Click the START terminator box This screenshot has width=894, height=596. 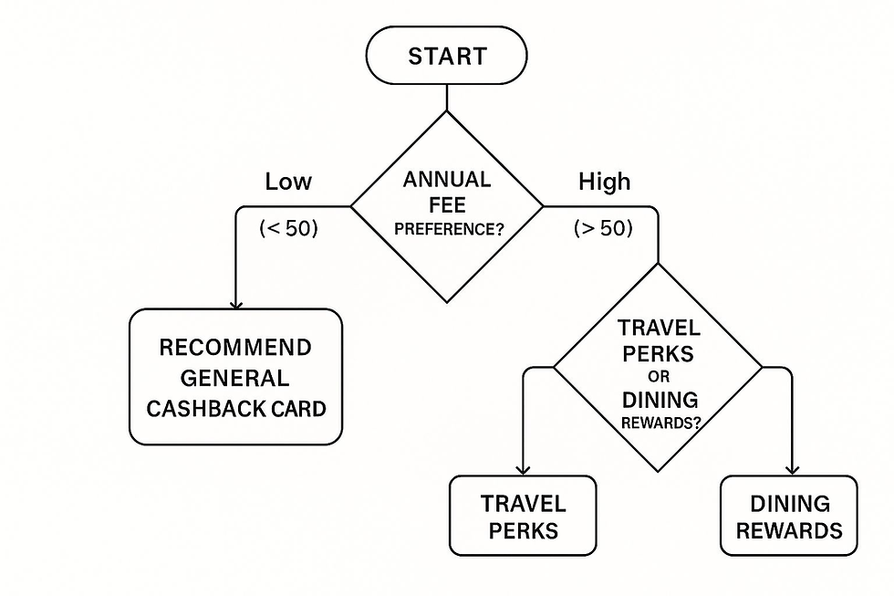point(446,56)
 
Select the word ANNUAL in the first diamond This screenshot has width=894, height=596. point(446,179)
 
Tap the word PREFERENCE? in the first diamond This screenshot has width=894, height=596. point(449,229)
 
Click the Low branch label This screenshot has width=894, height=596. point(288,182)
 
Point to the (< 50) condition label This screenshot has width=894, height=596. point(288,228)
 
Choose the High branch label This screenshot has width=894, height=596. point(604,182)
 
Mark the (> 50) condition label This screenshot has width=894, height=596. point(603,228)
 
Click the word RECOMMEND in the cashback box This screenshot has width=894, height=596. point(235,348)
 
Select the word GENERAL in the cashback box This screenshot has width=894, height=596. point(235,378)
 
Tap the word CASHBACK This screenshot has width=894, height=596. point(201,408)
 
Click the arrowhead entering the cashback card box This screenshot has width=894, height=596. point(236,303)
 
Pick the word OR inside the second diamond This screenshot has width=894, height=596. point(659,377)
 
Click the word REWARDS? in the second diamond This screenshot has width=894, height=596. point(659,423)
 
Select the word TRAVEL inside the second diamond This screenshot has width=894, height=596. point(659,329)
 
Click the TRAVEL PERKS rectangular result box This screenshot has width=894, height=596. point(524,516)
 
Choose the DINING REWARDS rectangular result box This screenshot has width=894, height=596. point(789,516)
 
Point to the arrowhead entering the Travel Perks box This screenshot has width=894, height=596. point(524,469)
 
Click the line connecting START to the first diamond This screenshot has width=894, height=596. point(446,97)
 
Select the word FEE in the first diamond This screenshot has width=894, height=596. point(447,204)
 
